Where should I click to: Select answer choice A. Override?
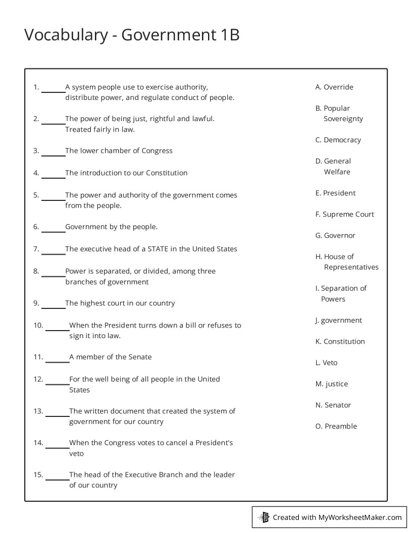(334, 87)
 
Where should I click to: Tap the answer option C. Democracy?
(338, 140)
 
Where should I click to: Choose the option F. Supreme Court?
(345, 215)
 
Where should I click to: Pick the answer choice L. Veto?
(326, 363)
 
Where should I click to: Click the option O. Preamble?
(336, 427)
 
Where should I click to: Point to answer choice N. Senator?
(333, 405)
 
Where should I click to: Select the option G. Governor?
(335, 236)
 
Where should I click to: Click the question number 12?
(38, 379)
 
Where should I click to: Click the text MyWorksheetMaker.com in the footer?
(360, 517)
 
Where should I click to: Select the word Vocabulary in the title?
(66, 35)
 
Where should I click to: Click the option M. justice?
(331, 384)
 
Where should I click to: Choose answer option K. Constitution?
(340, 342)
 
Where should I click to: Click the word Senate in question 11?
(139, 357)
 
